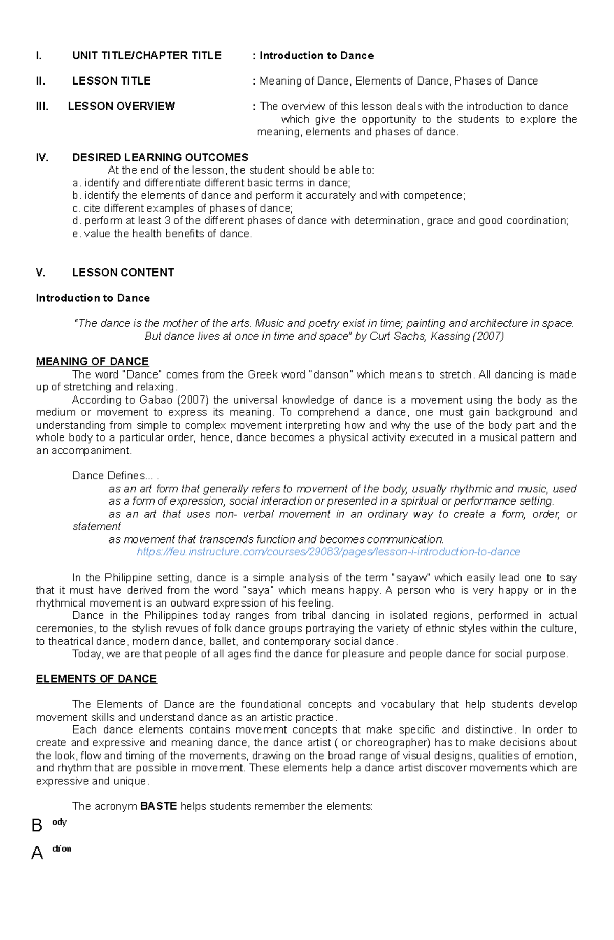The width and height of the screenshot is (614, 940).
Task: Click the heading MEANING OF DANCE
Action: click(x=92, y=362)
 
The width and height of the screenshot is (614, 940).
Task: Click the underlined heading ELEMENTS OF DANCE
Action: click(x=96, y=679)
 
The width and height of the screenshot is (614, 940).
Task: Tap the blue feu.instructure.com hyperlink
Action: click(x=328, y=552)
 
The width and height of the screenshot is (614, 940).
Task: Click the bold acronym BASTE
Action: click(x=158, y=806)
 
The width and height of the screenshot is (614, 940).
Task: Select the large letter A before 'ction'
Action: click(x=37, y=853)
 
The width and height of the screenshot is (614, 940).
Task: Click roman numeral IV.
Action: click(x=42, y=158)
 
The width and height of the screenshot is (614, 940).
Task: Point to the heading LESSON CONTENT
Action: click(x=123, y=273)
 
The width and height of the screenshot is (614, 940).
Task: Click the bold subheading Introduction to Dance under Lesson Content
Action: click(x=93, y=298)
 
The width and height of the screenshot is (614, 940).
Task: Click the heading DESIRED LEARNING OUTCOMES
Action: click(x=160, y=158)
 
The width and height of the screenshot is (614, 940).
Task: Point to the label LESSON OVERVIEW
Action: click(x=121, y=107)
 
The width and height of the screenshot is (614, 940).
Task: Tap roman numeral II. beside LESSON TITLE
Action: click(x=41, y=81)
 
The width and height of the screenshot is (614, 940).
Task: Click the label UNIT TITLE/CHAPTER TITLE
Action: click(x=146, y=56)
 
